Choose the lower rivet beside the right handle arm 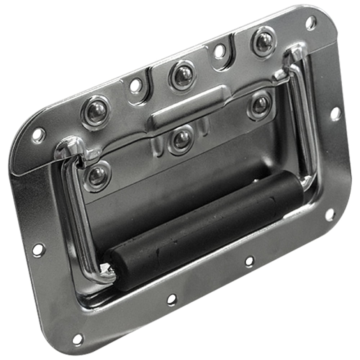click(260, 105)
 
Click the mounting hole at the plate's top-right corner click(311, 22)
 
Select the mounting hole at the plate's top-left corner click(38, 135)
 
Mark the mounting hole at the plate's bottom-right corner click(330, 215)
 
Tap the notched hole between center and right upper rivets click(219, 51)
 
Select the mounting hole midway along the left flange click(39, 249)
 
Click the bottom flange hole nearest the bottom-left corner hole click(172, 299)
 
